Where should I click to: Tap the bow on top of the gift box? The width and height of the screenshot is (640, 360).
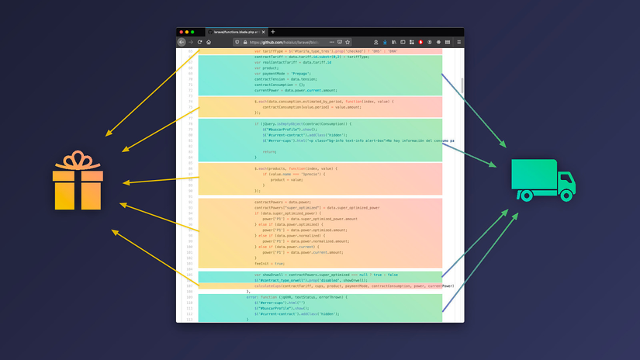(78, 160)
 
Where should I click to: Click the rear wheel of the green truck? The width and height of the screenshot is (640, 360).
(528, 196)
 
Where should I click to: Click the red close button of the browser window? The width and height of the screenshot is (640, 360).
(181, 32)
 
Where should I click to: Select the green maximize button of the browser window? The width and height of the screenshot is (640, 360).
(192, 32)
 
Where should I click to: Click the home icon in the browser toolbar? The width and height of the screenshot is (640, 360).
(209, 42)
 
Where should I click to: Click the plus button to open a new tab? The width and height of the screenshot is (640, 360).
(273, 32)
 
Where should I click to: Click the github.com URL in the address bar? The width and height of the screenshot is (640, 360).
(279, 42)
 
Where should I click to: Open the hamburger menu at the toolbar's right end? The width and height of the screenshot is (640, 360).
(458, 42)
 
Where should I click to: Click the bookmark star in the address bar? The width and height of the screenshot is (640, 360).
(348, 42)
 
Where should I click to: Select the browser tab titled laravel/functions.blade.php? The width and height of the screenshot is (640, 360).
(236, 32)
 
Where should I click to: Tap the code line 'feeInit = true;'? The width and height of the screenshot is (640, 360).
(271, 263)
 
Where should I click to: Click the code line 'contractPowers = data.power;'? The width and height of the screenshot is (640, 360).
(282, 202)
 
